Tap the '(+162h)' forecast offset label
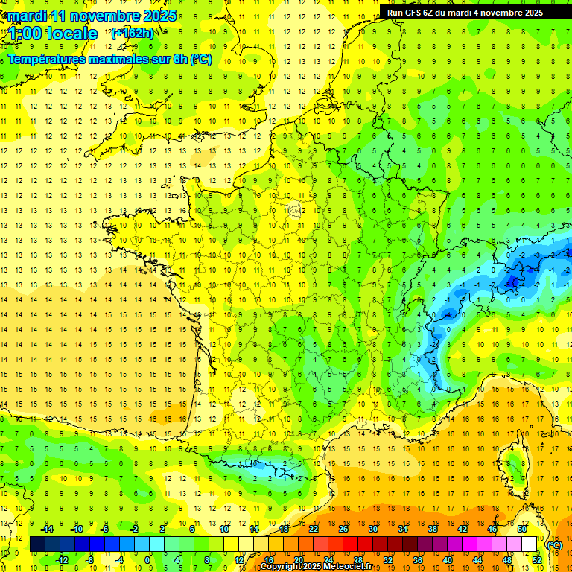132,33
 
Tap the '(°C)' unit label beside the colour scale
554,544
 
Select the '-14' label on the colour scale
48,529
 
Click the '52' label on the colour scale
536,560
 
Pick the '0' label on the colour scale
147,560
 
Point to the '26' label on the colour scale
343,529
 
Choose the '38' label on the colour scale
432,529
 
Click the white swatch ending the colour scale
530,544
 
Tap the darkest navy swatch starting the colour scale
37,544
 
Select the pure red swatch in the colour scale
351,544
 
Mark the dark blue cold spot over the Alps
513,282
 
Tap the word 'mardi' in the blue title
28,16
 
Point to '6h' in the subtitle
179,59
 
